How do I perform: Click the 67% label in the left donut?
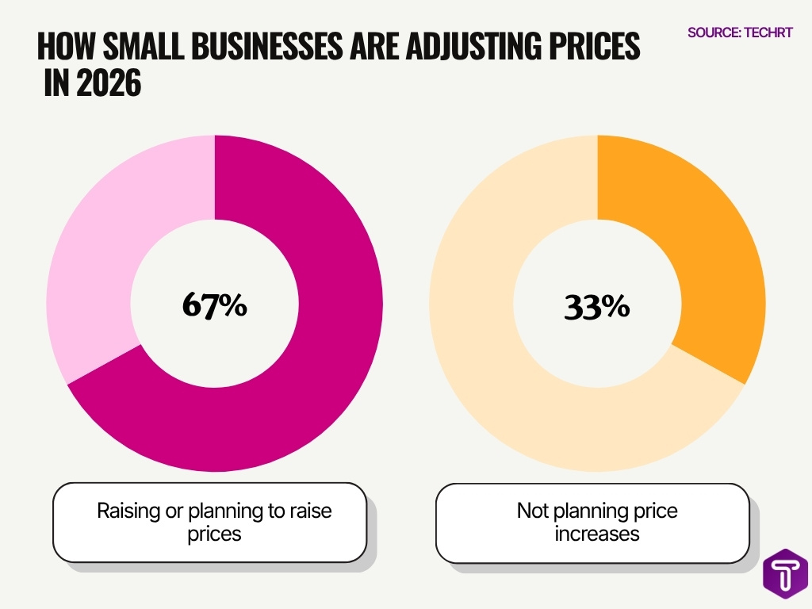pyautogui.click(x=214, y=305)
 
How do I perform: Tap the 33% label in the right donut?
pyautogui.click(x=597, y=306)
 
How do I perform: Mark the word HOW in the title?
pyautogui.click(x=63, y=48)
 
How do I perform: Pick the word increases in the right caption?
pyautogui.click(x=597, y=534)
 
